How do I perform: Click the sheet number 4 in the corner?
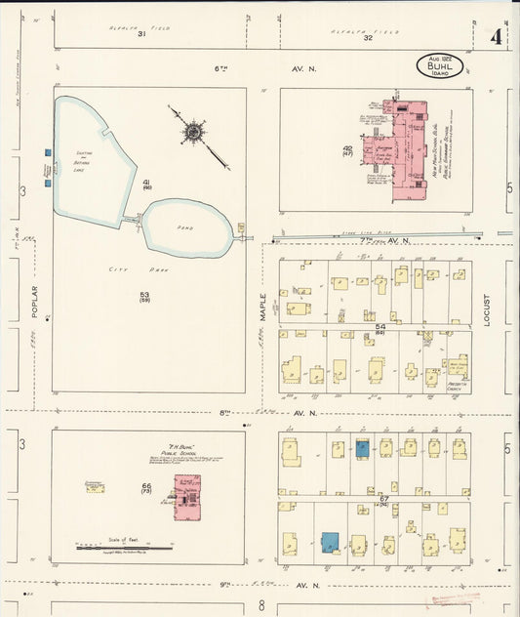coord(498,38)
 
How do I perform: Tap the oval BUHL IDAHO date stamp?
coord(439,65)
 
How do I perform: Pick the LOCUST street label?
coord(487,310)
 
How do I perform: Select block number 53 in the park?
coord(143,295)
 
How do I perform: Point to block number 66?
coord(146,486)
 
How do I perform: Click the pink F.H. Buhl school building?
coord(186,496)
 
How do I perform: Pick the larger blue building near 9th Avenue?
coord(331,542)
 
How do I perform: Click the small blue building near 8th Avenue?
coord(362,448)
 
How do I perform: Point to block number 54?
coord(381,326)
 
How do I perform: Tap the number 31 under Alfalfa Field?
coord(141,35)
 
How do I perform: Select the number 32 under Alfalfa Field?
coord(368,37)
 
